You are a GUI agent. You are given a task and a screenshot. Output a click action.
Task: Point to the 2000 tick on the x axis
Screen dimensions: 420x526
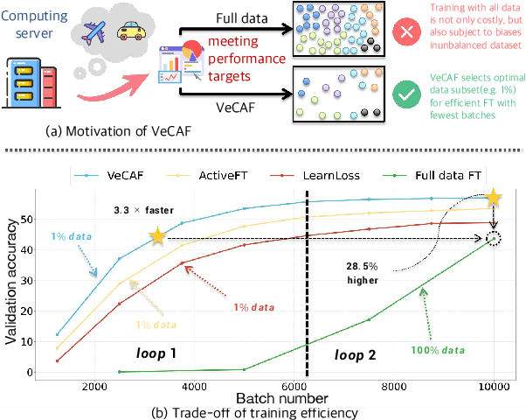coord(93,386)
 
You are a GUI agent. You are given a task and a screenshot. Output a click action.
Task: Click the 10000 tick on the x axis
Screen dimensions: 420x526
coord(495,386)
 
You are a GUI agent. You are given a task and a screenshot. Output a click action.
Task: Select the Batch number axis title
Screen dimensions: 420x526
coord(278,398)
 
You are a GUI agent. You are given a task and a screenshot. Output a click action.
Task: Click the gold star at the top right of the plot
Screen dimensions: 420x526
coord(495,199)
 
